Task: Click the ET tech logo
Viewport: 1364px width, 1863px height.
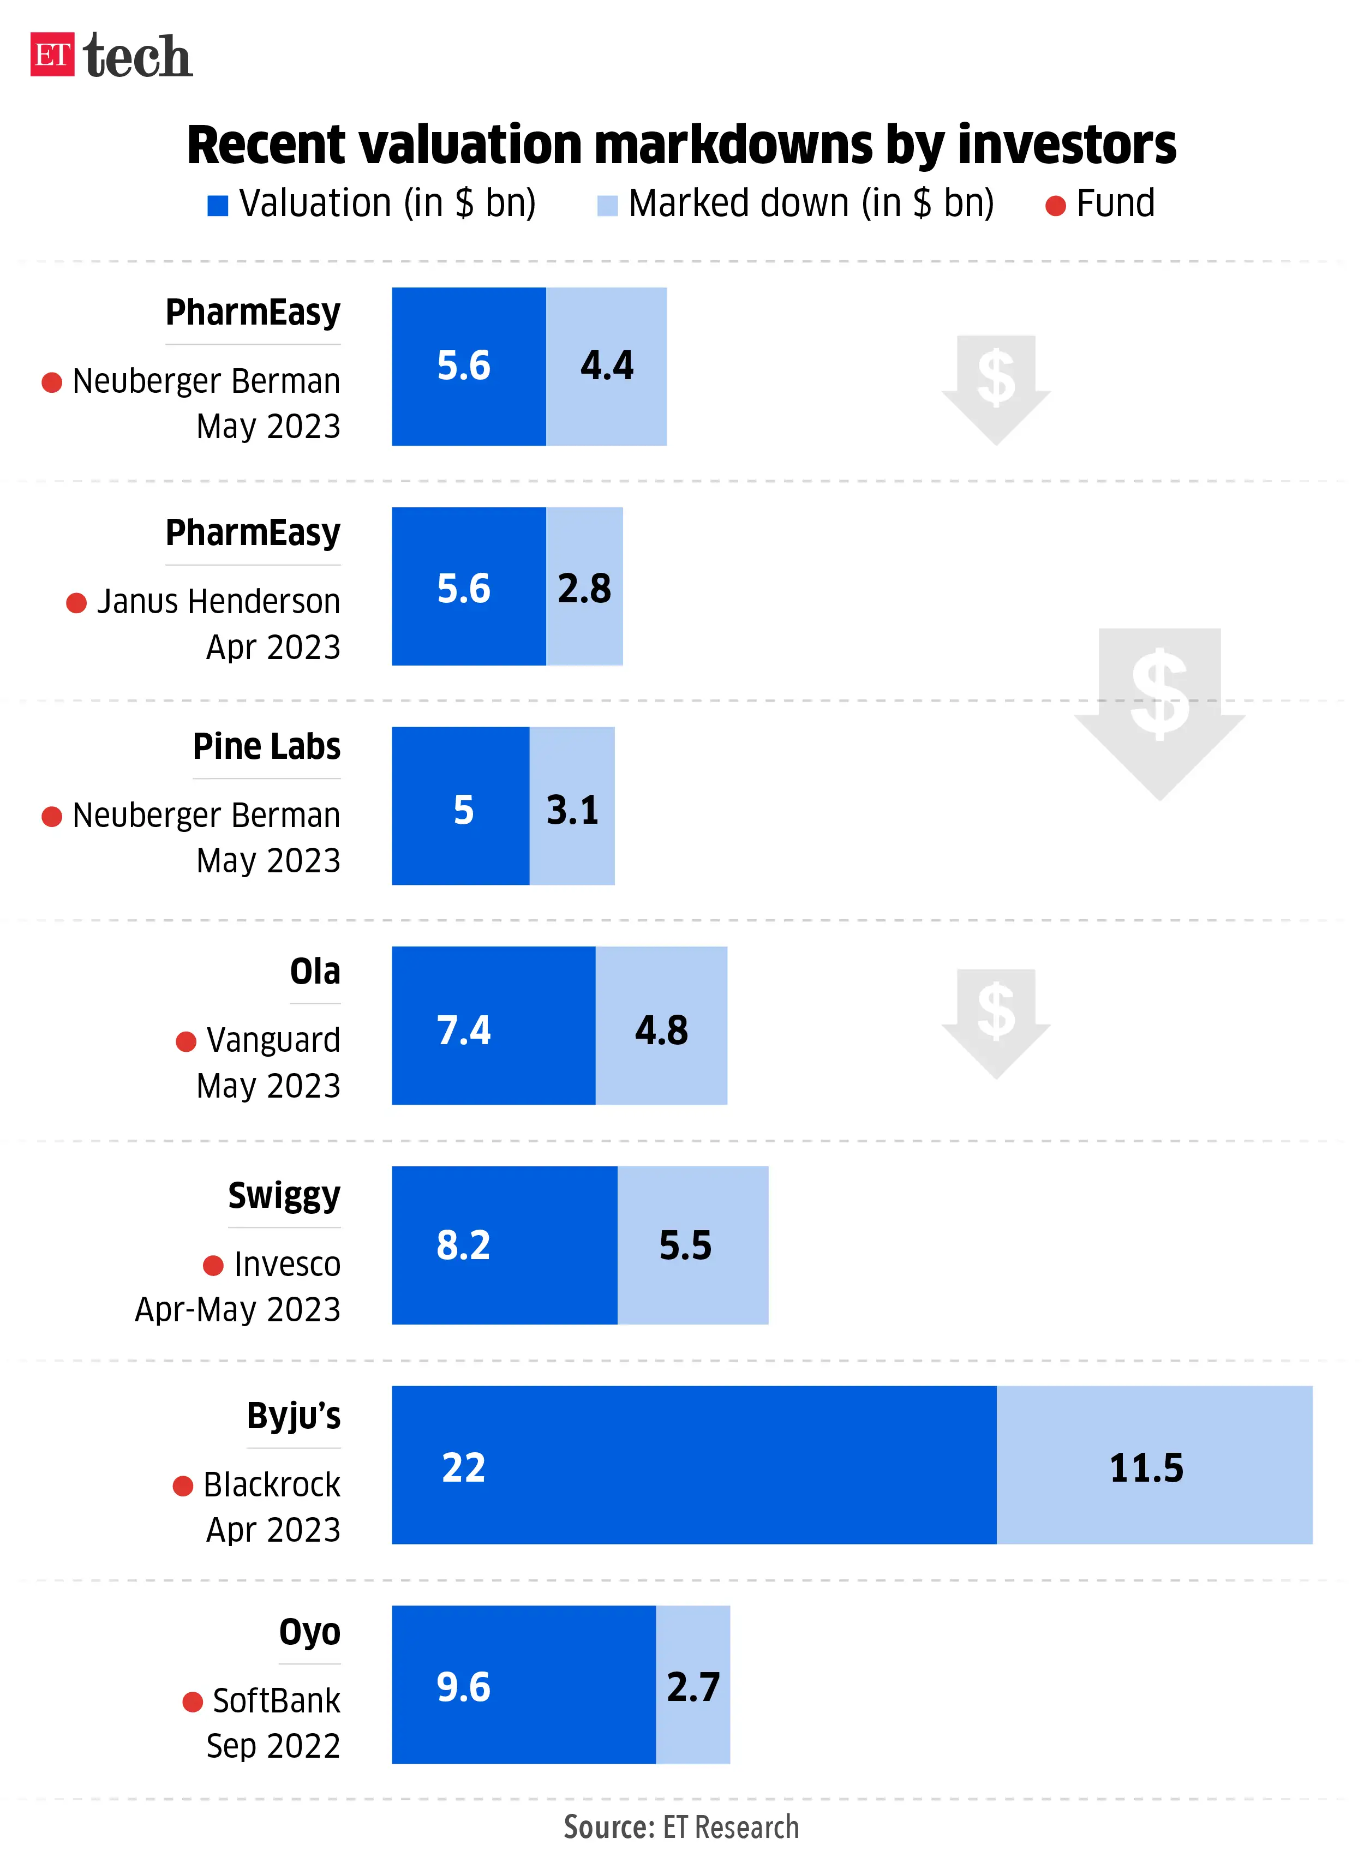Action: (111, 55)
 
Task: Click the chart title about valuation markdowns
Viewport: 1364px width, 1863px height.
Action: (681, 145)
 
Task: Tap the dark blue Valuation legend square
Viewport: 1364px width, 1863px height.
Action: (217, 206)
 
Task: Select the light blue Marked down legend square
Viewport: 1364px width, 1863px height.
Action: (607, 206)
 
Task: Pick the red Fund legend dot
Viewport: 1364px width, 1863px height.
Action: (1055, 206)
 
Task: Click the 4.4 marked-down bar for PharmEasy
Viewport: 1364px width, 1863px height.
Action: (606, 367)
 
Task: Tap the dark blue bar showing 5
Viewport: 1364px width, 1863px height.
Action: (460, 806)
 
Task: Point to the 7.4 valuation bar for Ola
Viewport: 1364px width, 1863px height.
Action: (493, 1025)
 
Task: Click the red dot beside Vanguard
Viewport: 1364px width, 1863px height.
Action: (186, 1041)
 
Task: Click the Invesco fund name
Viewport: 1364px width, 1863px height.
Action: (286, 1264)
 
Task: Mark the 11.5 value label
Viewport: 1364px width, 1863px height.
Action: (1146, 1467)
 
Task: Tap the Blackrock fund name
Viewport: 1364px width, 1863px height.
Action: (272, 1484)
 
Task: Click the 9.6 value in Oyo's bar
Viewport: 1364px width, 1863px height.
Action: (463, 1686)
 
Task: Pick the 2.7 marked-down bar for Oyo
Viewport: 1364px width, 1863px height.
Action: (693, 1685)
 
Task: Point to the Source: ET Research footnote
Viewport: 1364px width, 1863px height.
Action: (681, 1826)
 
